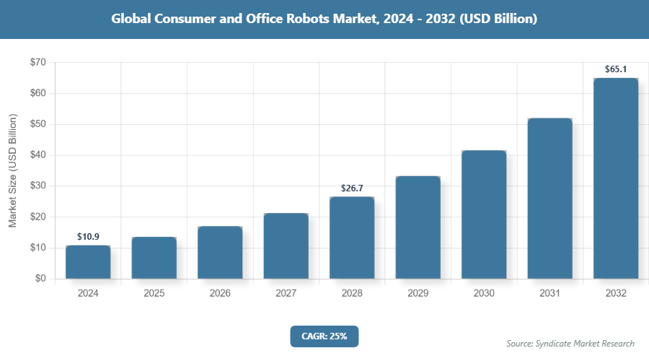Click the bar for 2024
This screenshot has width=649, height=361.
point(88,262)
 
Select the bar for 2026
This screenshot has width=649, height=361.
point(220,253)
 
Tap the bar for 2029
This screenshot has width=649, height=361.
point(418,227)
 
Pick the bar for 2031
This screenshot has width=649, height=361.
point(549,199)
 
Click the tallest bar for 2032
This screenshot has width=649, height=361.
point(616,178)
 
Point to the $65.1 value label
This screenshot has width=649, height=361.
point(616,69)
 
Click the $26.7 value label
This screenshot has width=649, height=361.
point(352,188)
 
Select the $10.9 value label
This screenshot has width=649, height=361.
point(88,237)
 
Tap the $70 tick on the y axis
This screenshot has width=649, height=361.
point(38,63)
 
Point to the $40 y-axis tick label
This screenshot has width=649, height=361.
point(38,155)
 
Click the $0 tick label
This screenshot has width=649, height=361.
point(40,279)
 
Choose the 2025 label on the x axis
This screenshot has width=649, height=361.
point(154,294)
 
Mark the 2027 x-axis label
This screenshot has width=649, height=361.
point(286,294)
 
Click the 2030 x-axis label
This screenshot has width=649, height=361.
point(484,294)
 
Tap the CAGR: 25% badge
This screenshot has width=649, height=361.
point(324,336)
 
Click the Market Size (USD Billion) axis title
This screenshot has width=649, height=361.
point(12,170)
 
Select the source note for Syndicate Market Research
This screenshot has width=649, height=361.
point(570,343)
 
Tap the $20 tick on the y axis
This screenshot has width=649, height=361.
point(38,217)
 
